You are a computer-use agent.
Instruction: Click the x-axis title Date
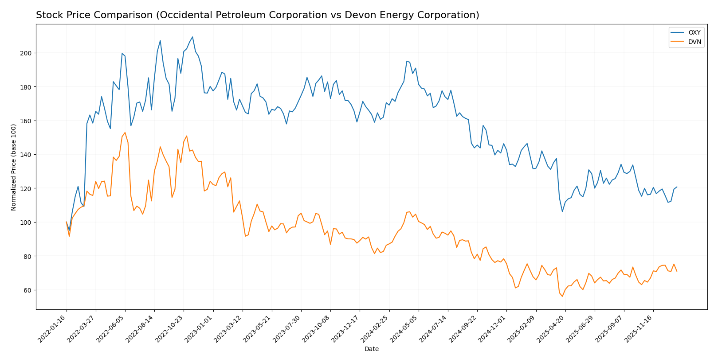point(371,349)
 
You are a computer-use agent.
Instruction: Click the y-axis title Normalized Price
point(14,167)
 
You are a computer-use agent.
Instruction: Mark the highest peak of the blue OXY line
point(192,37)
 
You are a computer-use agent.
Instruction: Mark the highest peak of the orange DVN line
point(125,133)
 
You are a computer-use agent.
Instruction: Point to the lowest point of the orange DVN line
point(562,296)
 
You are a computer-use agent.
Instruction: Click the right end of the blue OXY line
point(677,187)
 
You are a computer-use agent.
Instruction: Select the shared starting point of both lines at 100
point(67,222)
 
